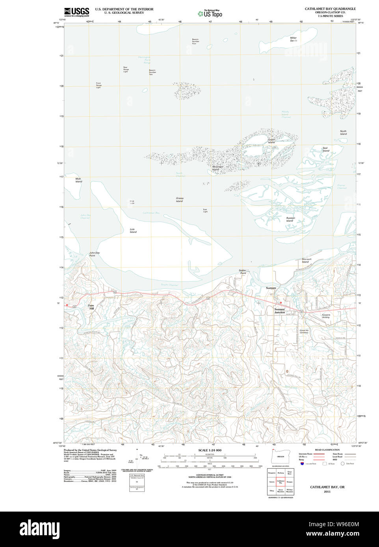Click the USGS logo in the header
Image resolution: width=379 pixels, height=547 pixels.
click(x=76, y=12)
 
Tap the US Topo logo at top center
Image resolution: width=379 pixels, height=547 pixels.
click(x=210, y=13)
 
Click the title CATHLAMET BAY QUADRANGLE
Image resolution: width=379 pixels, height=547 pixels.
click(x=330, y=9)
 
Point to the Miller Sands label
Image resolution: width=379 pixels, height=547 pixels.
click(x=294, y=39)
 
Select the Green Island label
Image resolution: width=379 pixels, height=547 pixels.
click(x=271, y=141)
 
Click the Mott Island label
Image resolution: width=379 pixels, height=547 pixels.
click(x=78, y=180)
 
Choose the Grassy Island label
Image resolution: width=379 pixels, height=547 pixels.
click(x=180, y=200)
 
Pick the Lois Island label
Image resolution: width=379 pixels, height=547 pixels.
click(x=133, y=231)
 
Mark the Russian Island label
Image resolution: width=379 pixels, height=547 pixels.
click(x=290, y=219)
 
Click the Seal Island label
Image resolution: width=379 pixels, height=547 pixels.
click(x=325, y=150)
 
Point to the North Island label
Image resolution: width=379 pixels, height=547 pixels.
click(x=343, y=133)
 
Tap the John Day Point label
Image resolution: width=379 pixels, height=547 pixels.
click(x=94, y=254)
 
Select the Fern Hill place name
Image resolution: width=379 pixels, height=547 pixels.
click(x=91, y=307)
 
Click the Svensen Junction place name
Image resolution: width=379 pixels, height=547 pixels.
click(x=279, y=311)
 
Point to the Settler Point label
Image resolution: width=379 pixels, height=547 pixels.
click(x=242, y=272)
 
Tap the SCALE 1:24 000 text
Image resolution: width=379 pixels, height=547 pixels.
click(x=210, y=450)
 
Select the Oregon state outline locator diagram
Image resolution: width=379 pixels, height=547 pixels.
click(x=281, y=456)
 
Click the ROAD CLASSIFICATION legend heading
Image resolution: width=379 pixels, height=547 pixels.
click(x=327, y=450)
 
